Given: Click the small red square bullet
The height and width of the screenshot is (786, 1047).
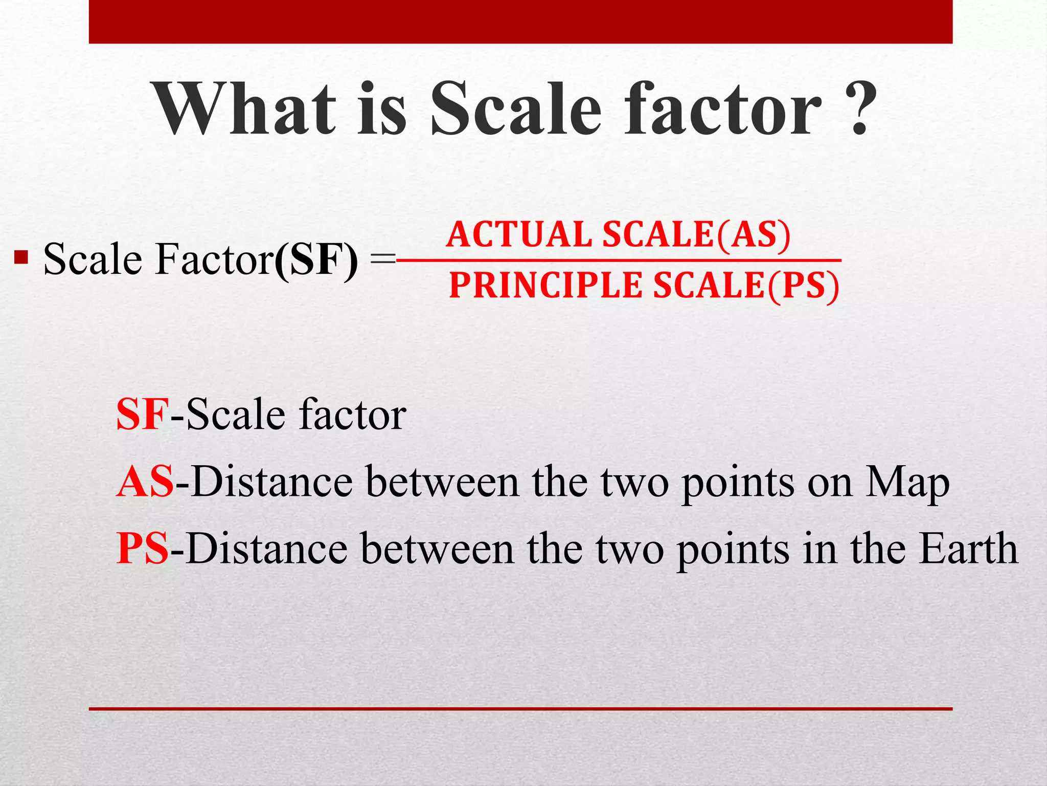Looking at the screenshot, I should tap(21, 256).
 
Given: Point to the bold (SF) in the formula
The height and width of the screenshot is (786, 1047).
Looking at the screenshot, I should tap(316, 259).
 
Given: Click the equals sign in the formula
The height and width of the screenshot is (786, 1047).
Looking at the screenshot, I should tap(382, 260).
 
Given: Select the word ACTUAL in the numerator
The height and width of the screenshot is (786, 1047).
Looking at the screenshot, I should tap(519, 235).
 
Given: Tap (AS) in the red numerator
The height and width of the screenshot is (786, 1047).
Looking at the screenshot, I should tap(754, 235).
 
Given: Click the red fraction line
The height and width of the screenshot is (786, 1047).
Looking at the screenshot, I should tap(619, 260).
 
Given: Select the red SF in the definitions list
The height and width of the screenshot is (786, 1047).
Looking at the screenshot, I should tap(142, 414).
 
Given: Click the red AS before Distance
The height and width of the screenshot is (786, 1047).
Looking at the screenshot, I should tap(145, 482).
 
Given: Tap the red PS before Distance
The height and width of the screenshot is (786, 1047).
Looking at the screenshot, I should tap(142, 549).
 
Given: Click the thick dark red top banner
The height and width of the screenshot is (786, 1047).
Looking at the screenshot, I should tap(520, 21).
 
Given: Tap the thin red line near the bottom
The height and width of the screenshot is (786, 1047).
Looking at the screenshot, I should tap(520, 709).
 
